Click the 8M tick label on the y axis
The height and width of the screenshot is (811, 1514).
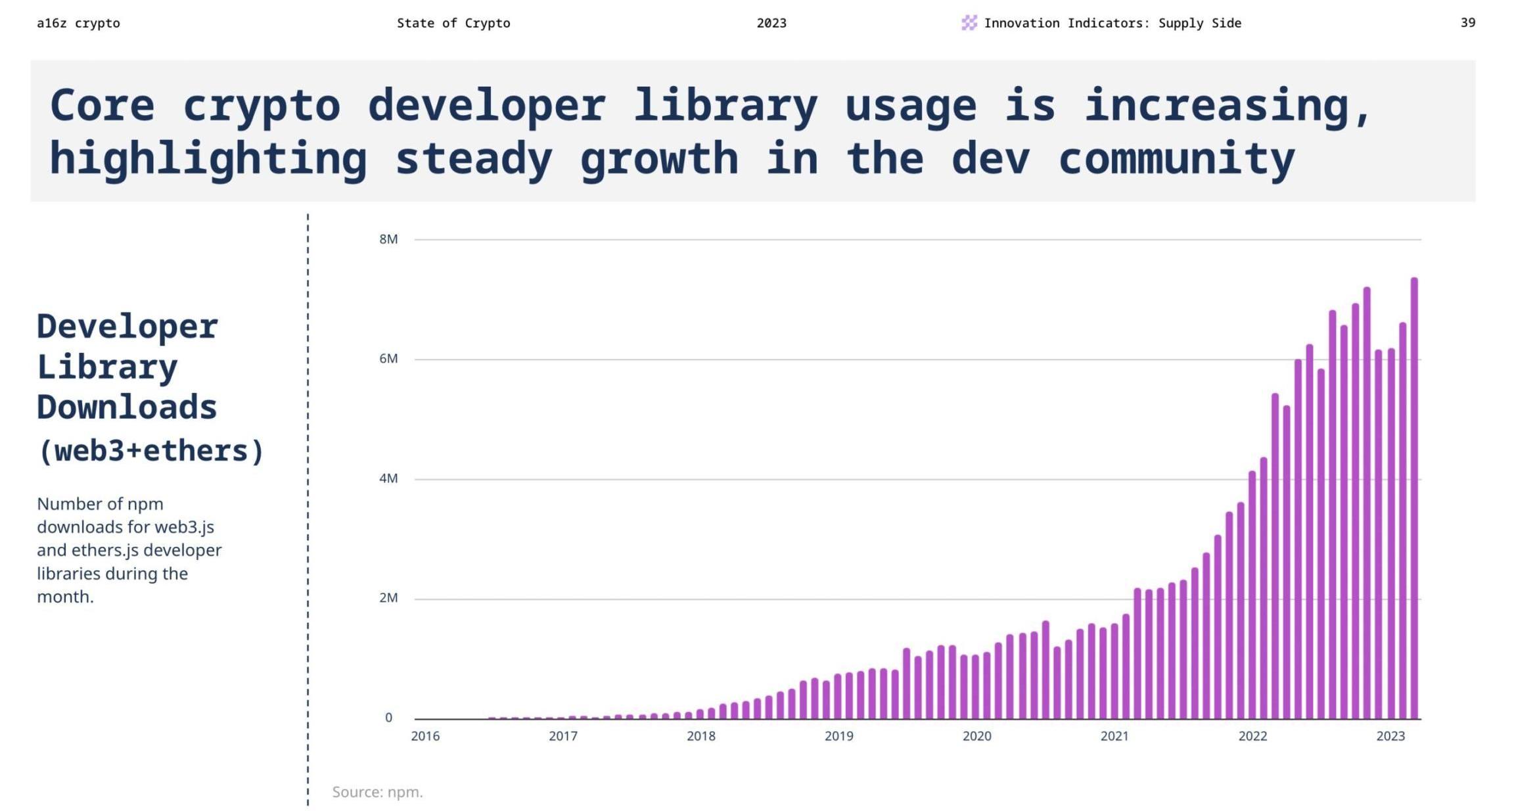[x=388, y=239]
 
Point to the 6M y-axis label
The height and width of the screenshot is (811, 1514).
[x=388, y=359]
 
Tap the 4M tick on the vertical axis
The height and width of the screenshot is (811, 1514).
[x=388, y=478]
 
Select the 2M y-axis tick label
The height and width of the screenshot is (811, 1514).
[x=388, y=598]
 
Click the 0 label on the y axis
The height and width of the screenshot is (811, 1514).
[x=388, y=718]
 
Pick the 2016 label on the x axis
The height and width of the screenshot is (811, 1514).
[x=425, y=736]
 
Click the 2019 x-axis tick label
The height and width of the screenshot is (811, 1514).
[x=838, y=736]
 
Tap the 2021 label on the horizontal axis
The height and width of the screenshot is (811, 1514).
[x=1114, y=736]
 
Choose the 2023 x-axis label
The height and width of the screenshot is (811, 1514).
[x=1390, y=736]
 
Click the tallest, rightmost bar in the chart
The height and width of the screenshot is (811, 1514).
[x=1414, y=499]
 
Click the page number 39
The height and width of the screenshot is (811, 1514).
[x=1468, y=23]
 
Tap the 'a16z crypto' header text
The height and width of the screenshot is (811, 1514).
[x=78, y=24]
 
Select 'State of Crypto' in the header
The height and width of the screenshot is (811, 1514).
[x=453, y=24]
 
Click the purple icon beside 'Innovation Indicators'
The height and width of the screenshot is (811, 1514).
[x=969, y=23]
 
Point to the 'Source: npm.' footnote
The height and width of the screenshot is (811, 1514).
[x=377, y=792]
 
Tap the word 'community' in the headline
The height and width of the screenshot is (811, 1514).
[x=1176, y=159]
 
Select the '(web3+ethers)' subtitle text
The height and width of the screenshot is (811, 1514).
[x=151, y=452]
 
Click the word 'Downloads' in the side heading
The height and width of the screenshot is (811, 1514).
[x=127, y=407]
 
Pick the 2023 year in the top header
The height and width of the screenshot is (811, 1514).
[x=771, y=24]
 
